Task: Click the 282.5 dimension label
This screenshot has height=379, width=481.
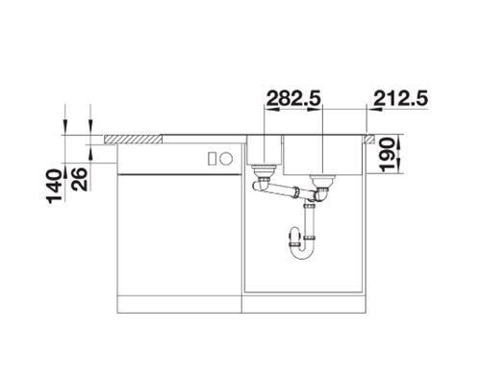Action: (293, 98)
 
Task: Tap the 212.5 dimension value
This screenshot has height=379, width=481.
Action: (401, 98)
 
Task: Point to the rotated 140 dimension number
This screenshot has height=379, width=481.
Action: (55, 187)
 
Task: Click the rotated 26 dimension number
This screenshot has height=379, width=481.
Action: (79, 179)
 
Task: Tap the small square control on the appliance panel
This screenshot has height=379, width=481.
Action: (212, 159)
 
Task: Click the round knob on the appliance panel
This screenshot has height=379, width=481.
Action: (226, 159)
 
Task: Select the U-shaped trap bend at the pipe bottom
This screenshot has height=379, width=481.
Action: (302, 253)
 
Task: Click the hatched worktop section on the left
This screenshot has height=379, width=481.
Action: (133, 139)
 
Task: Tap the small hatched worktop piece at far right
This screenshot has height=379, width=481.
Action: (368, 139)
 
